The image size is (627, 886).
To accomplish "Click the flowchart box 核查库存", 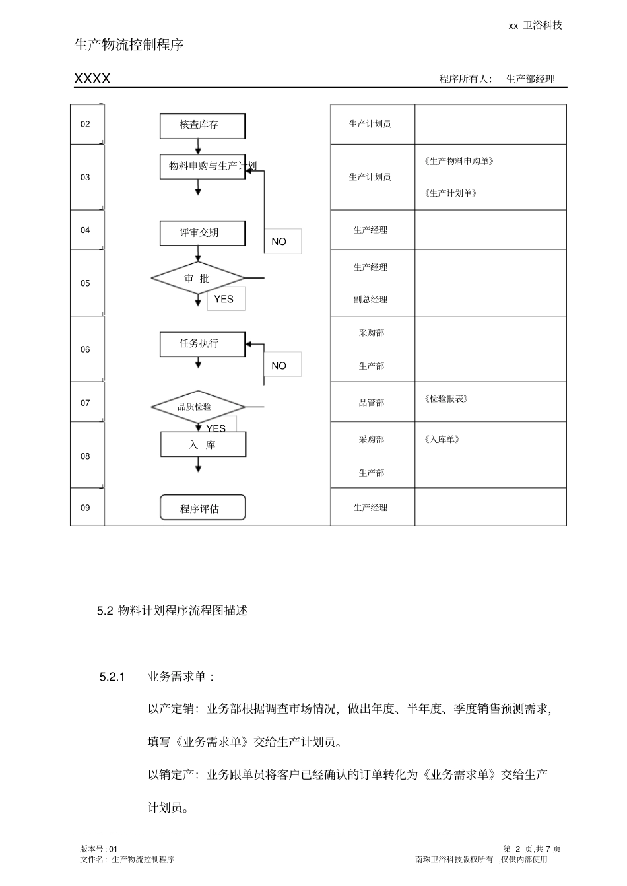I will click(202, 125).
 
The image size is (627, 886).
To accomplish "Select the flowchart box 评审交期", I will click(202, 233).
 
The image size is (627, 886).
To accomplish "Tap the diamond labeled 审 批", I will click(197, 279).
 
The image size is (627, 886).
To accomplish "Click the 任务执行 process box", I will click(202, 344).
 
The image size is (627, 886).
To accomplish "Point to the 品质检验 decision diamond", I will click(197, 407).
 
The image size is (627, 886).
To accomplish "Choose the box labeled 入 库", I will click(203, 445).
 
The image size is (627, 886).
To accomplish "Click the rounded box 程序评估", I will click(203, 508).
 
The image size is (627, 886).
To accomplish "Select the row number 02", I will click(85, 124).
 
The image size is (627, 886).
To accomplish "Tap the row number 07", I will click(85, 403).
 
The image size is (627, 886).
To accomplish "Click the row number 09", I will click(85, 508).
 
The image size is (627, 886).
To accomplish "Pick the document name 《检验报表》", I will click(446, 399).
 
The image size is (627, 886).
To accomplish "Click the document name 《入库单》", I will click(442, 440).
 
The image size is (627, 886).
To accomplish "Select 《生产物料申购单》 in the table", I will click(459, 161).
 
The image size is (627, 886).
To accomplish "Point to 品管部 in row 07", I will click(371, 403).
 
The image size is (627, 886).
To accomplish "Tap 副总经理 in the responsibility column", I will click(370, 300).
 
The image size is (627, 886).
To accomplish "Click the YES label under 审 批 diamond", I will click(224, 299).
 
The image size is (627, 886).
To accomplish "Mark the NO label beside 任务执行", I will click(279, 366).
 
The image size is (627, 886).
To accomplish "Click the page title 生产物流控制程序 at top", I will click(129, 45).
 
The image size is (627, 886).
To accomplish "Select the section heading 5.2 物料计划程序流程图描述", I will click(172, 611).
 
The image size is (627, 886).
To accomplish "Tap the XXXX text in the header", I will click(92, 79).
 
